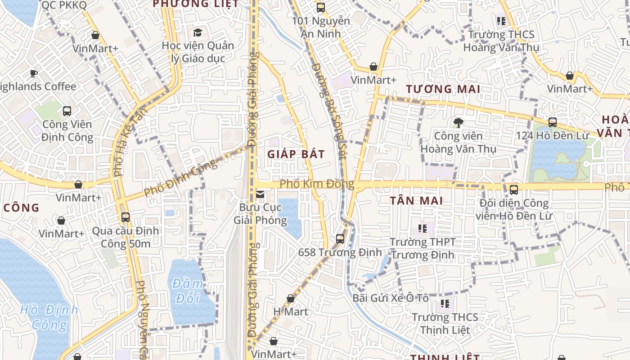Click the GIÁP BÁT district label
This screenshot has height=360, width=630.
tap(296, 154)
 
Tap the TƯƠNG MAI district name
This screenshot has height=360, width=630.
tap(443, 89)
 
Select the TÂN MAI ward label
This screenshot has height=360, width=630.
tap(416, 201)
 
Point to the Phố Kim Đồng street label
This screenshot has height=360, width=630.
tap(316, 184)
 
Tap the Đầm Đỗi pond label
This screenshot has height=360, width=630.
tap(187, 291)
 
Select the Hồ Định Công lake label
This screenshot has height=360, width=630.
tap(49, 317)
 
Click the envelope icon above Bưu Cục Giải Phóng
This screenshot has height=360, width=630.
tap(260, 194)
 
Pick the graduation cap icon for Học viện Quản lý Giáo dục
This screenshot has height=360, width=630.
tap(198, 32)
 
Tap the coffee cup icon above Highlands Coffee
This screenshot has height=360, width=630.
tap(33, 73)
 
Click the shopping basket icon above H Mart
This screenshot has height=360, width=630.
tap(291, 298)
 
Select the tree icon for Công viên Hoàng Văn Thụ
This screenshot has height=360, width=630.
tap(458, 122)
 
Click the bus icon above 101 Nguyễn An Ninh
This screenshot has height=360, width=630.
tap(320, 8)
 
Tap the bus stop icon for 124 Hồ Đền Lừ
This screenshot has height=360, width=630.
tap(552, 122)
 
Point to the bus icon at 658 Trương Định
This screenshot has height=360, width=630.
tap(340, 239)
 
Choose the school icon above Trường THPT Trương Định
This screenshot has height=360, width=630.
tap(422, 229)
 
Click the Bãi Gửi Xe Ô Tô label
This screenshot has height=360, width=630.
tap(390, 298)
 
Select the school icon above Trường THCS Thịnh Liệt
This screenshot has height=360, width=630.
tap(445, 304)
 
